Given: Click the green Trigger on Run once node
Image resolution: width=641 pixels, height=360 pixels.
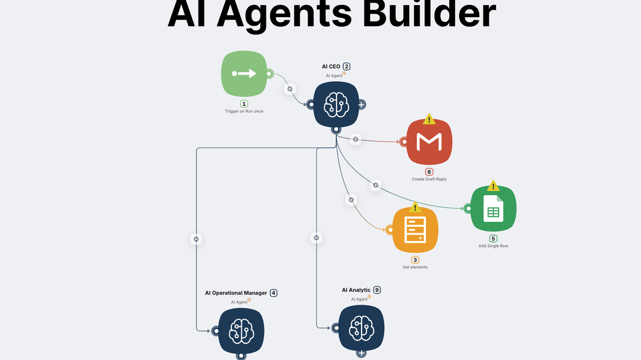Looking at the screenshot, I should click(244, 74).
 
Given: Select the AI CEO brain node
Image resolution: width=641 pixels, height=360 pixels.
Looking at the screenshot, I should click(336, 105).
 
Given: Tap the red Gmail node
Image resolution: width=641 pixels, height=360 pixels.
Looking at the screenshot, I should click(429, 142).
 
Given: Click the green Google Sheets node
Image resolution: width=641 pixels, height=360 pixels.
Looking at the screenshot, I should click(493, 208).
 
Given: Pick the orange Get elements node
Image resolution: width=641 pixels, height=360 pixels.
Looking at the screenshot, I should click(415, 230).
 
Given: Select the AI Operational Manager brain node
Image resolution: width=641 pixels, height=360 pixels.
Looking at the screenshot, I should click(241, 331).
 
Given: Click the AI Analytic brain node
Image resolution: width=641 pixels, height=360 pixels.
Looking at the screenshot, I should click(361, 328).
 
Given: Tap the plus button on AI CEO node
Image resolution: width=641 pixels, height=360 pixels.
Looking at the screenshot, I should click(361, 105).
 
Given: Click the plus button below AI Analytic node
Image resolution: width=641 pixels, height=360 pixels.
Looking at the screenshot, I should click(361, 353).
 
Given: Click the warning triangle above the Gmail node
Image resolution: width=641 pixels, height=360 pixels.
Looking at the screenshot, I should click(429, 119).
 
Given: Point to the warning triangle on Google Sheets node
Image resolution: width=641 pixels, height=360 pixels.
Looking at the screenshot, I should click(493, 185).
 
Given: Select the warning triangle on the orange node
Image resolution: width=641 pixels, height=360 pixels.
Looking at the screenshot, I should click(415, 207).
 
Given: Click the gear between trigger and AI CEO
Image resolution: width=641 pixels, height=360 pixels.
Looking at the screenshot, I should click(290, 89).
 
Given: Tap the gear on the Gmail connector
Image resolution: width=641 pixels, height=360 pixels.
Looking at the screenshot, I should click(355, 140).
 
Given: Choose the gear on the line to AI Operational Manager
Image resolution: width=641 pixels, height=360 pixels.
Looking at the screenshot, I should click(196, 239).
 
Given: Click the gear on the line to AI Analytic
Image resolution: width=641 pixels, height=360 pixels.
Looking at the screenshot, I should click(316, 238).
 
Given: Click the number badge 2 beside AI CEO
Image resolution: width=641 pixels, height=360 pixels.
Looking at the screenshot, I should click(347, 67).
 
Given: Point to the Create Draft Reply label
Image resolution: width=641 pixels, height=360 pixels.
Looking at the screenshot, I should click(429, 179).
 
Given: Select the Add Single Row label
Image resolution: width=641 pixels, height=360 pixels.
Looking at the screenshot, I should click(493, 246).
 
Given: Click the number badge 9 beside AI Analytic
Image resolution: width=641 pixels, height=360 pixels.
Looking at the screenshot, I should click(377, 290).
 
